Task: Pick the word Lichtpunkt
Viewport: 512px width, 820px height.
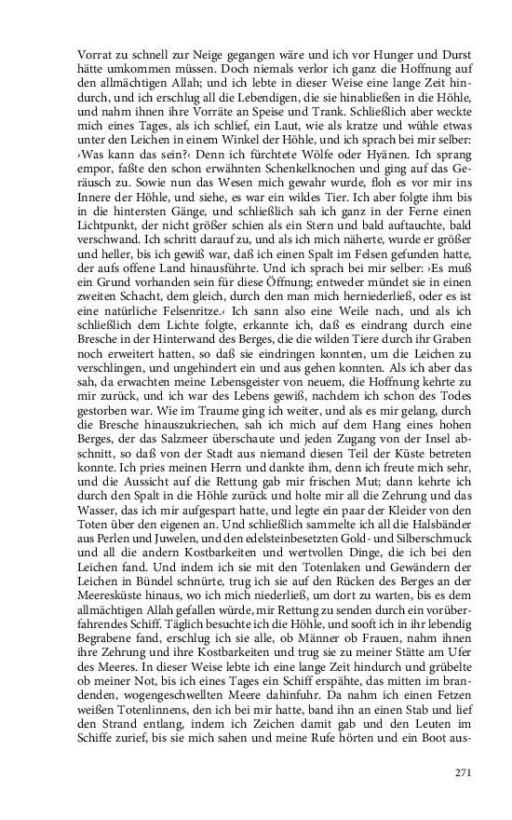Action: [x=110, y=227]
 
